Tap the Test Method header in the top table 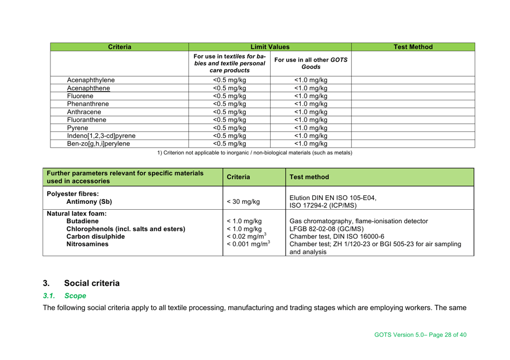(x=412, y=47)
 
